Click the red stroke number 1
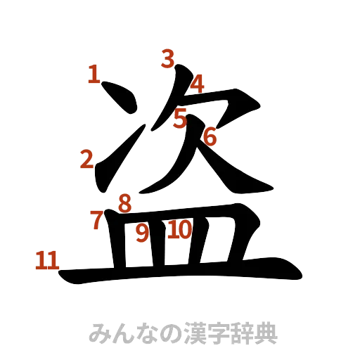point(94,73)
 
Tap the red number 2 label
point(86,160)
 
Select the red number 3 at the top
point(167,58)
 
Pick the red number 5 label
point(181,119)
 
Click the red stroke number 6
point(210,136)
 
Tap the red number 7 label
point(97,220)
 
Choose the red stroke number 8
point(124,204)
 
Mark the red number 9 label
point(143,233)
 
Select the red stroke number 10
point(180,229)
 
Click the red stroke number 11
point(46,262)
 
